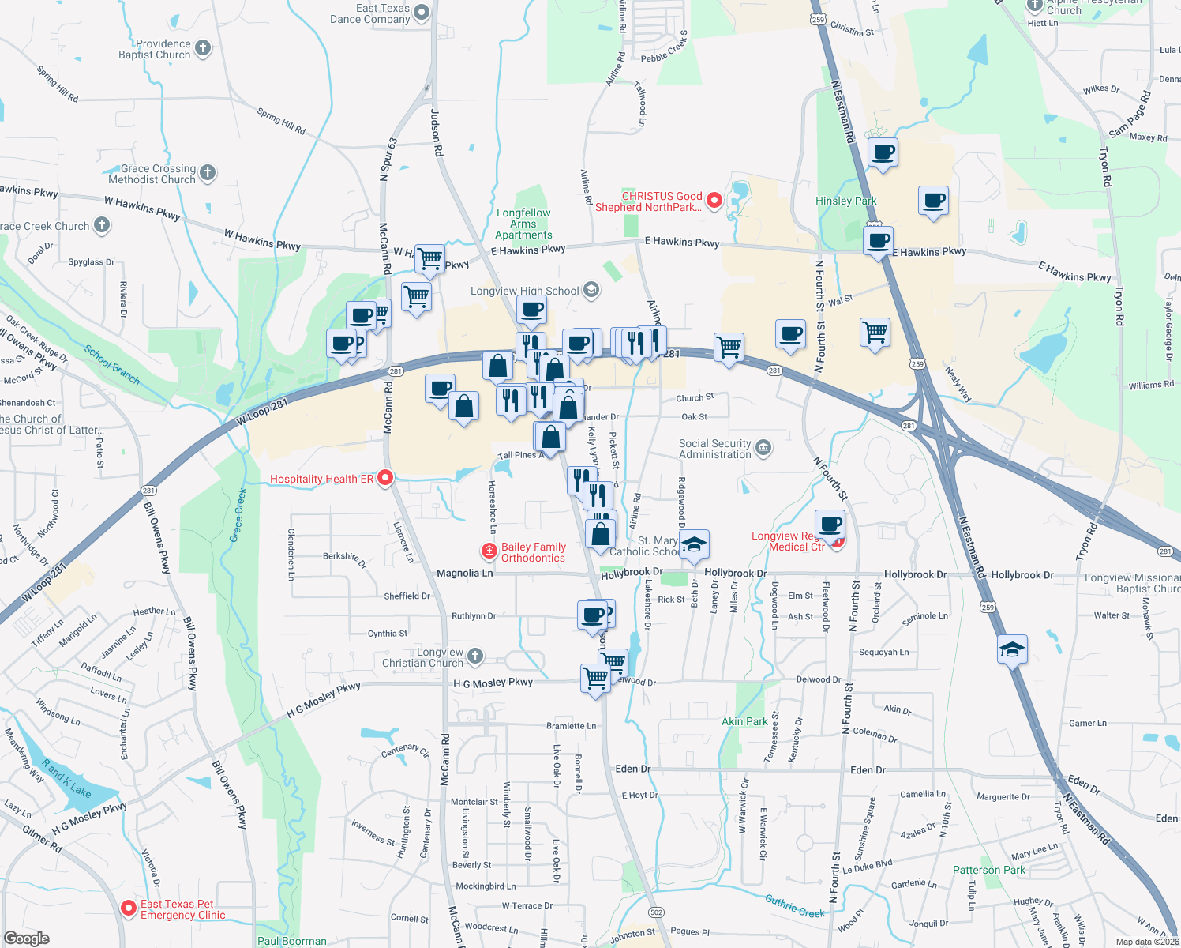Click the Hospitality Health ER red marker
385,478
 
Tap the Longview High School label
525,291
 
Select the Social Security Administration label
715,449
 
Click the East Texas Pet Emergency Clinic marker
128,908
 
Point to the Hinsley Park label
845,201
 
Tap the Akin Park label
744,721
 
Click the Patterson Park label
988,870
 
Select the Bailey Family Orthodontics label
533,552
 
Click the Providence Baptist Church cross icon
203,48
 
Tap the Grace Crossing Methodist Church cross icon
208,173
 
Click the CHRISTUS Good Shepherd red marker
714,201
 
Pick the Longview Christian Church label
423,657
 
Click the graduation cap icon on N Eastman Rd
1012,650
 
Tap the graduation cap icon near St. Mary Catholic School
694,545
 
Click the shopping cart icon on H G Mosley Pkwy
596,678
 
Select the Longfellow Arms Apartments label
523,224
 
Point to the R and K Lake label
66,779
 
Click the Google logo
26,939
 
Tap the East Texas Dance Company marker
422,12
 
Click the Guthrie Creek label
794,905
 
